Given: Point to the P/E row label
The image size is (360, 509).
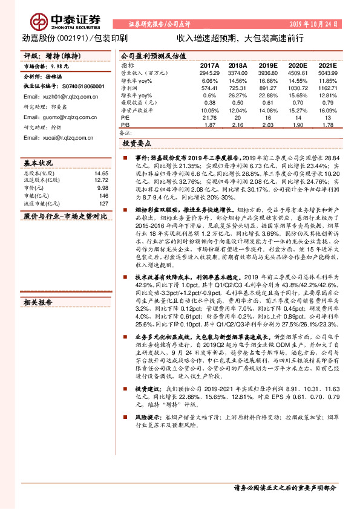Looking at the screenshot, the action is click(x=125, y=117).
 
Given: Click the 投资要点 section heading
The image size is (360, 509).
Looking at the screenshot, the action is click(x=137, y=144).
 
